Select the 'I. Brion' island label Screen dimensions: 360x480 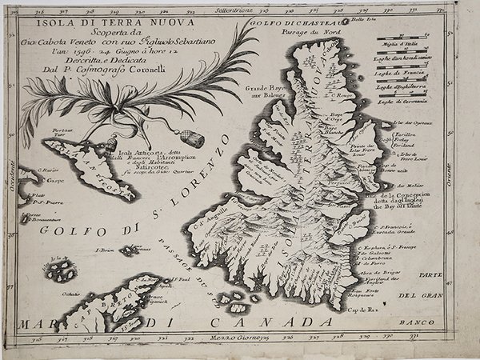click(106, 250)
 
